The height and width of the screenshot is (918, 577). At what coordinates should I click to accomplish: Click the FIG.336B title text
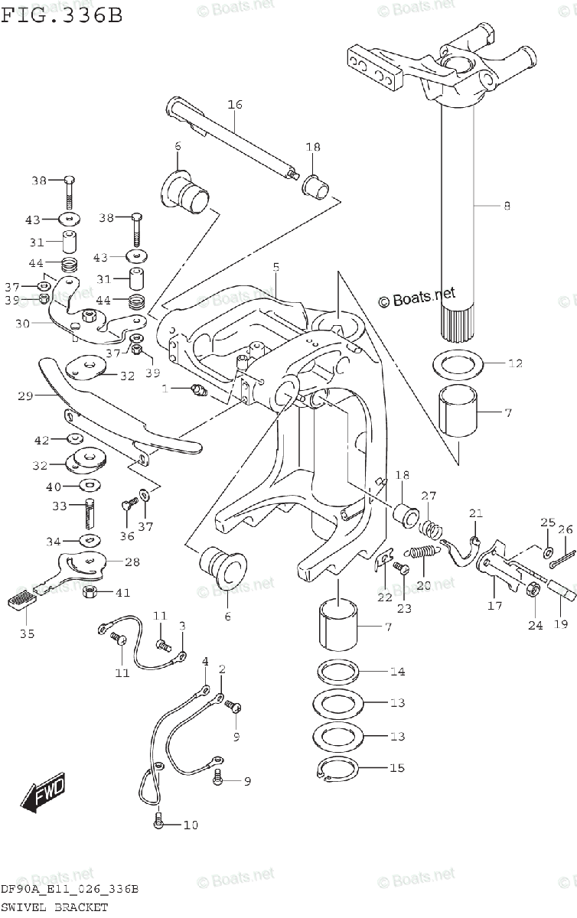tap(61, 15)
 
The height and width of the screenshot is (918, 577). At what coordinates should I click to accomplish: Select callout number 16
tap(234, 104)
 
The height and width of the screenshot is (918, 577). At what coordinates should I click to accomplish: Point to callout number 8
tap(507, 206)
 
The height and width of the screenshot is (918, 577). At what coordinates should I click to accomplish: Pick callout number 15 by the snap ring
tap(396, 767)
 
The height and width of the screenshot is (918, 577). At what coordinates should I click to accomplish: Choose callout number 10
tap(191, 825)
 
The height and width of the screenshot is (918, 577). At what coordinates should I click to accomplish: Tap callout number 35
tap(27, 633)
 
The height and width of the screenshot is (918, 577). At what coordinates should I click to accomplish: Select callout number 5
tap(275, 267)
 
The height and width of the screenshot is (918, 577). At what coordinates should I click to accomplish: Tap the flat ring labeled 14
tap(339, 672)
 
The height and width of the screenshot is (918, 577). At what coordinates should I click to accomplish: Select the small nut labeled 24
tap(529, 590)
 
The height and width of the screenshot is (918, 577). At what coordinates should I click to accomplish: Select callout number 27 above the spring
tap(428, 495)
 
